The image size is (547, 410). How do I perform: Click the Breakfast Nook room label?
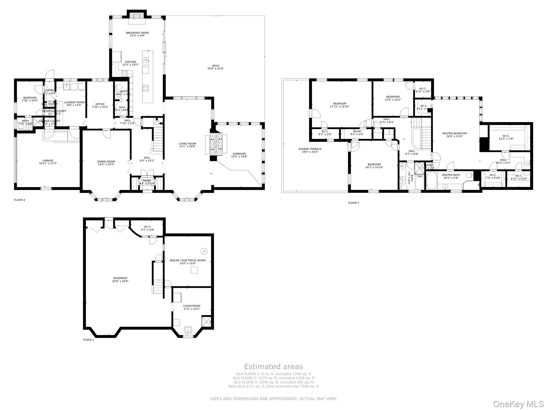pyautogui.click(x=137, y=33)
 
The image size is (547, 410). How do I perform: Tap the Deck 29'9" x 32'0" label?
pyautogui.click(x=216, y=67)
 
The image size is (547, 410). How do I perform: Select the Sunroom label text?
pyautogui.click(x=239, y=154)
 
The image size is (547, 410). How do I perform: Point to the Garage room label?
pyautogui.click(x=48, y=161)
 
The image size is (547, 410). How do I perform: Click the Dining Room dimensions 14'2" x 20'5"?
pyautogui.click(x=106, y=165)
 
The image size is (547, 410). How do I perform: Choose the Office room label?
pyautogui.click(x=100, y=104)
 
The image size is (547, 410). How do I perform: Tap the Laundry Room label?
pyautogui.click(x=74, y=102)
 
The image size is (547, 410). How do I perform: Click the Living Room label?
pyautogui.click(x=187, y=144)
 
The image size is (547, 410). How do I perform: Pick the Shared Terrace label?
pyautogui.click(x=310, y=149)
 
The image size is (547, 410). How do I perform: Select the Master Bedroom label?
pyautogui.click(x=454, y=133)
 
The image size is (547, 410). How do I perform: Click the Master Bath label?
pyautogui.click(x=451, y=175)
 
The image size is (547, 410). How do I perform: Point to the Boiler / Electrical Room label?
pyautogui.click(x=187, y=260)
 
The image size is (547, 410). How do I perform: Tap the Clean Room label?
pyautogui.click(x=192, y=306)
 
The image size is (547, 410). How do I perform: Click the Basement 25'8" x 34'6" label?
pyautogui.click(x=120, y=280)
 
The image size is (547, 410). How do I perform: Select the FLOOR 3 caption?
pyautogui.click(x=353, y=203)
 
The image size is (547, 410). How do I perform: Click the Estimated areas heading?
pyautogui.click(x=273, y=366)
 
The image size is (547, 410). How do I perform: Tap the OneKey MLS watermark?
pyautogui.click(x=518, y=404)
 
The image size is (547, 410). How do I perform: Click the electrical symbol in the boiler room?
pyautogui.click(x=204, y=251)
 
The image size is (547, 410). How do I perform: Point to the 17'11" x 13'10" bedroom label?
pyautogui.click(x=339, y=105)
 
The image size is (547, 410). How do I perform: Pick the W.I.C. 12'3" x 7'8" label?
pyautogui.click(x=506, y=137)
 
